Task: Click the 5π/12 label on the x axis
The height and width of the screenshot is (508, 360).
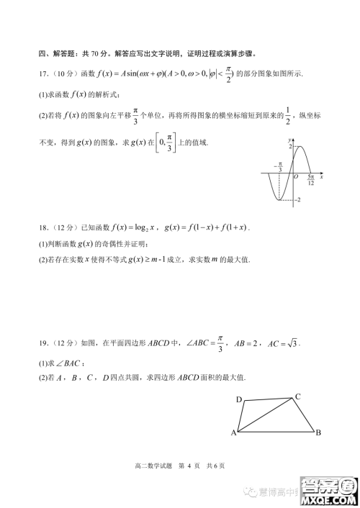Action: pos(310,180)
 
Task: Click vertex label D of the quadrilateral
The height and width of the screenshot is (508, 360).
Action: pos(238,399)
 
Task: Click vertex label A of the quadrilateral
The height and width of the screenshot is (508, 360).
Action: pos(233,433)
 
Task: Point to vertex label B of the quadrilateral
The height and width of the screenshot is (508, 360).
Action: pos(318,432)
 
